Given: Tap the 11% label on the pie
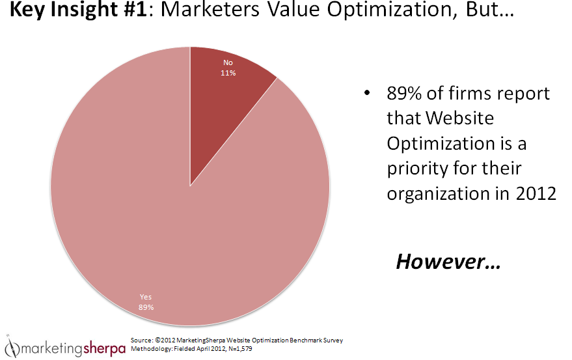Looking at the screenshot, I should pyautogui.click(x=228, y=74).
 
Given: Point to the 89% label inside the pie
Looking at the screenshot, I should pyautogui.click(x=146, y=307).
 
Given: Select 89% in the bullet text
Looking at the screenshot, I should pyautogui.click(x=405, y=94).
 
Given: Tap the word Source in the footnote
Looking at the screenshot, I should pyautogui.click(x=142, y=340).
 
